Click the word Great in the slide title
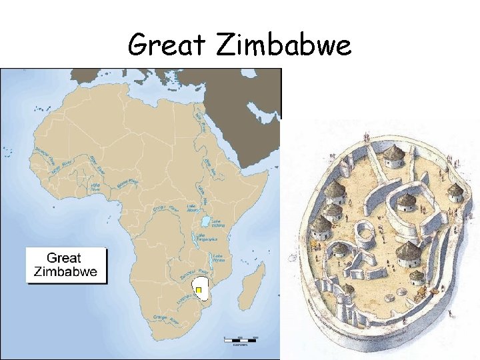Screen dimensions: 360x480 click(x=166, y=45)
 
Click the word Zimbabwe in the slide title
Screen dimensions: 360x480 click(x=284, y=45)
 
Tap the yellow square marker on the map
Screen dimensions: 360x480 click(x=198, y=290)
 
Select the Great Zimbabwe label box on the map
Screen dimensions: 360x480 click(x=66, y=265)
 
